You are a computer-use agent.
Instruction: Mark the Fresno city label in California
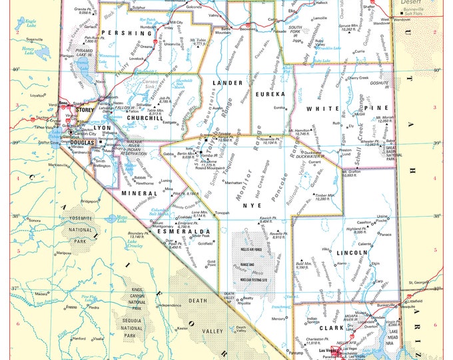coord(70,307)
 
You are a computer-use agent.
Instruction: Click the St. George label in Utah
coord(418,283)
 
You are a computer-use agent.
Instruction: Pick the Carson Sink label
coord(150,84)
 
